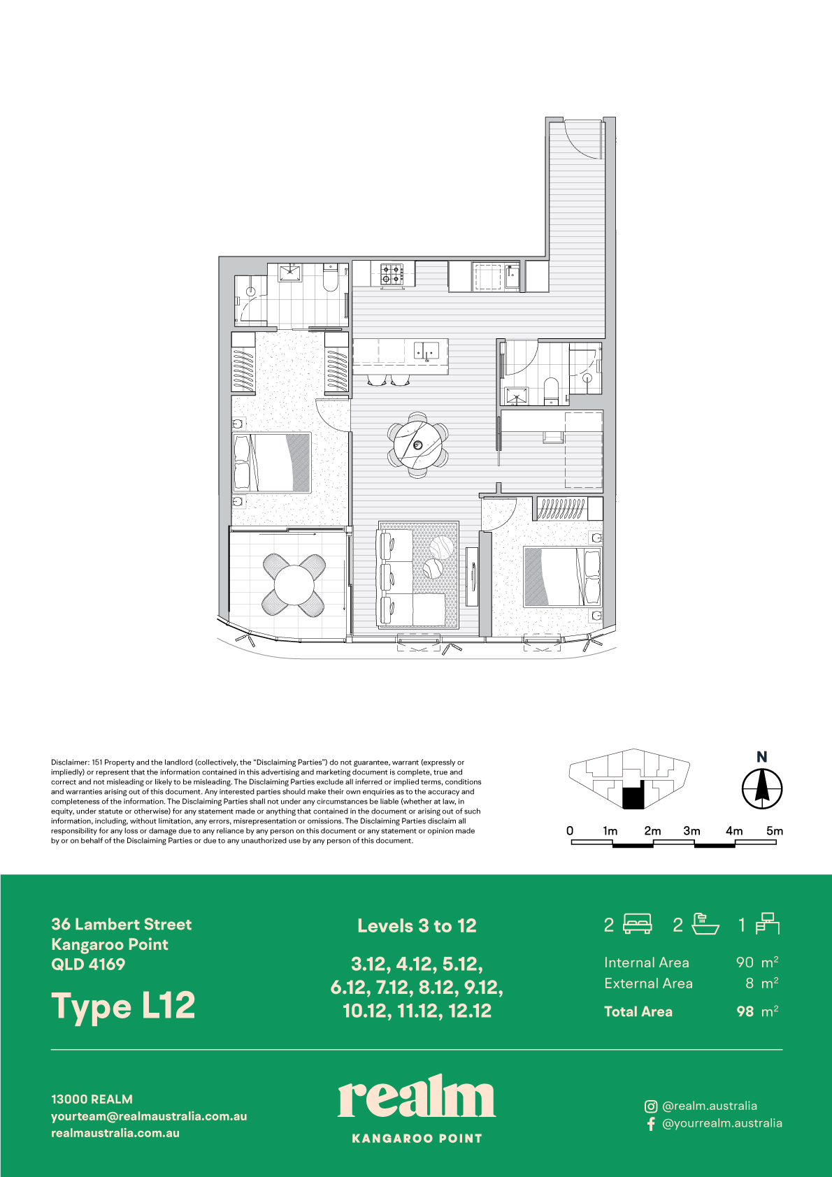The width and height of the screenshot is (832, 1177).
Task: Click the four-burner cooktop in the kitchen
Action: pos(392,274)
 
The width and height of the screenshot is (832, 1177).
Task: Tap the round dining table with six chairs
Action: pos(418,445)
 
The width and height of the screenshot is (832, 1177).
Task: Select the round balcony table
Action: pos(294,585)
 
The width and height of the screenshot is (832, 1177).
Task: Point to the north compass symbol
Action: pos(762,788)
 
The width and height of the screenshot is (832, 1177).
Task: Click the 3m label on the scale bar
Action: pos(691,831)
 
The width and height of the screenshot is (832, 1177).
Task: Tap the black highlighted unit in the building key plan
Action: pos(633,796)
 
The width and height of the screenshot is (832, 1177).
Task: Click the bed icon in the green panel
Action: pos(638,924)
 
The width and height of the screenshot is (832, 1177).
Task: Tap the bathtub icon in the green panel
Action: pos(705,924)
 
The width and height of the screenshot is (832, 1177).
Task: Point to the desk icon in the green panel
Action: pos(768,924)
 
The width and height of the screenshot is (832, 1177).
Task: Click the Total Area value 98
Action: pos(745,1011)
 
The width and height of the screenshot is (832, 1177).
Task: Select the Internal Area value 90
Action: pos(745,962)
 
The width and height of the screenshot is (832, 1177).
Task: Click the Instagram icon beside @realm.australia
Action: pos(651,1106)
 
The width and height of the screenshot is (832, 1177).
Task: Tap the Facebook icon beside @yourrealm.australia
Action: pos(651,1123)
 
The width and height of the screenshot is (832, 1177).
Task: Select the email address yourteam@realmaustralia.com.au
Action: pos(149,1116)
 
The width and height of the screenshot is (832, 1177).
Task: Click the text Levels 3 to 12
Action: pos(417,925)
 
